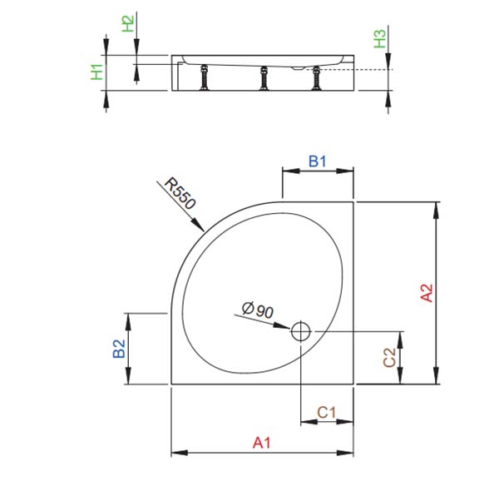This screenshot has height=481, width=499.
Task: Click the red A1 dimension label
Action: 262,443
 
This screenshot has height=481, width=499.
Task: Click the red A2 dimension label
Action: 427,293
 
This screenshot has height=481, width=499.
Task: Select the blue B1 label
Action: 318,161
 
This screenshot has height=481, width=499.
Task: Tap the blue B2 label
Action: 119,349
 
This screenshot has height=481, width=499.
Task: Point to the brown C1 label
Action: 327,413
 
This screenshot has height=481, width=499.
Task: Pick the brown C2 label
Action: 389,358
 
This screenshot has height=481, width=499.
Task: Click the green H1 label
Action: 96,72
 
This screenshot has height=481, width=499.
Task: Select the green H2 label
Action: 128,24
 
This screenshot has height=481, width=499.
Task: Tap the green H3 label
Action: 380,39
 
